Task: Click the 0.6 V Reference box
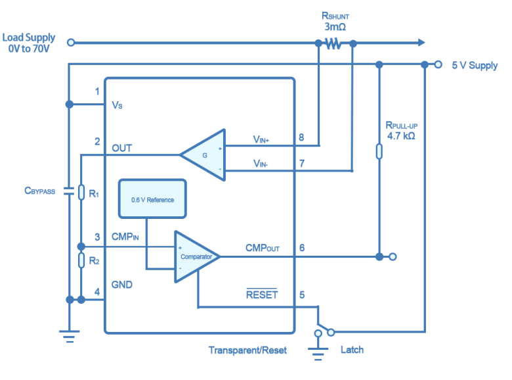152,199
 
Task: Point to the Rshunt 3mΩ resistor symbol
333,43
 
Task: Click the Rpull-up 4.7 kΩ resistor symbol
379,151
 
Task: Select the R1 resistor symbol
81,192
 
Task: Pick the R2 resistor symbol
81,260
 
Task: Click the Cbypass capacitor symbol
69,191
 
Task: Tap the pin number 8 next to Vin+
301,138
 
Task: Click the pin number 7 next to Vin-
301,163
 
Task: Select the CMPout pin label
263,248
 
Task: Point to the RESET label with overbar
262,295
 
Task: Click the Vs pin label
117,105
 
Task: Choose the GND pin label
121,285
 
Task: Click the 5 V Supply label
474,66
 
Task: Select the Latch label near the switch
352,350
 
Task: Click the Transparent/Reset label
247,350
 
